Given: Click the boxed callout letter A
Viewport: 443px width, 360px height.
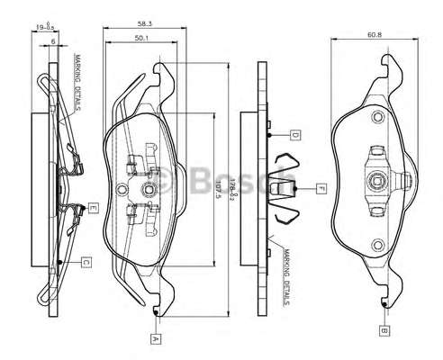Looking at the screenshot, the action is (x=156, y=339).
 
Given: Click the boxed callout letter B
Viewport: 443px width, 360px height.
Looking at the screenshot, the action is (x=384, y=331).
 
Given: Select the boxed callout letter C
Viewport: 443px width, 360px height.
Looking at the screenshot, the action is (x=86, y=263).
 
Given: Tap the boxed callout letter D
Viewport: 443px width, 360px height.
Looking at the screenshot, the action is (x=295, y=135).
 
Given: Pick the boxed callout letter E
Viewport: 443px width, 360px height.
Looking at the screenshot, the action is (x=93, y=208).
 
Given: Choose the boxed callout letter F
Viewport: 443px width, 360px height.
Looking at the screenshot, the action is (x=321, y=189).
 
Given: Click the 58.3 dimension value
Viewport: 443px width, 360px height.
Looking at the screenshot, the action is (x=145, y=23).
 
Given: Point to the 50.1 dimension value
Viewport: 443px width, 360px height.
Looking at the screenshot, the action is (x=142, y=38).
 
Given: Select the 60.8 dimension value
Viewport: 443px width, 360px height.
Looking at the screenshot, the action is (x=375, y=34).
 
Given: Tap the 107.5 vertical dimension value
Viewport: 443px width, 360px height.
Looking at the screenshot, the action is (x=219, y=190).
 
